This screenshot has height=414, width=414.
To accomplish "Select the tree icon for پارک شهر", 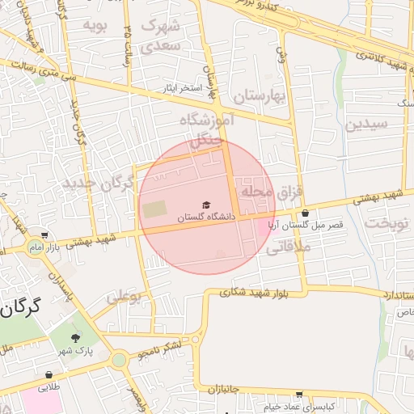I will [76, 338].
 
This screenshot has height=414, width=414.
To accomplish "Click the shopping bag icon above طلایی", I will [49, 375].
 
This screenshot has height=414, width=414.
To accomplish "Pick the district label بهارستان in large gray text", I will [260, 98].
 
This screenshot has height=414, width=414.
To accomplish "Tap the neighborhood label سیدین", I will [366, 125].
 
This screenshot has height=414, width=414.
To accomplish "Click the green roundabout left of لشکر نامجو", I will [120, 359].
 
